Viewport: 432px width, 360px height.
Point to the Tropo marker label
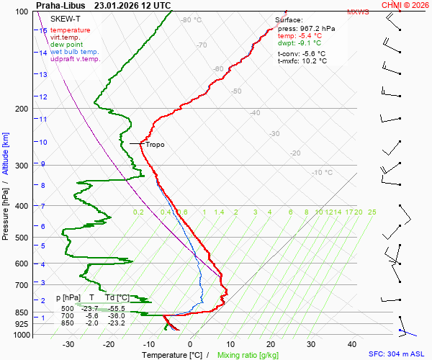pos(155,145)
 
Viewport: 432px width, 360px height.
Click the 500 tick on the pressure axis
pos(22,238)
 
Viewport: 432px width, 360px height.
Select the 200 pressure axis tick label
pos(22,109)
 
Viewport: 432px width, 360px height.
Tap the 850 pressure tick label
pos(22,312)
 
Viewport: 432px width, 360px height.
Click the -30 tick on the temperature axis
pos(68,344)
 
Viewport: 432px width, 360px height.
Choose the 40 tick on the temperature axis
pos(352,344)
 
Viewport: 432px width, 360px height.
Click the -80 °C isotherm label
pos(191,20)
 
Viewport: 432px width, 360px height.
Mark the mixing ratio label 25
pos(372,212)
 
